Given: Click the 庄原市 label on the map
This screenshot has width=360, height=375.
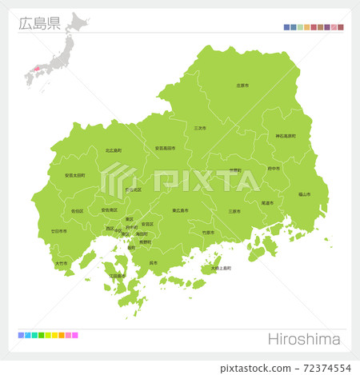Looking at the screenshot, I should pos(243,85).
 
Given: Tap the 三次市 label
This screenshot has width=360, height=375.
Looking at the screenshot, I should pos(200,128).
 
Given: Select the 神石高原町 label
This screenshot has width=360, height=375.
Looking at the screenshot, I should pos(286,136).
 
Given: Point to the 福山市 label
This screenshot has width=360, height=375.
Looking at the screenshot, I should pos(305,194).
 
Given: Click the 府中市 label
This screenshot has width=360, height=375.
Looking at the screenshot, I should pos(274,169).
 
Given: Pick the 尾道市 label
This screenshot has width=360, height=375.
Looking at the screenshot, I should pos(266,203).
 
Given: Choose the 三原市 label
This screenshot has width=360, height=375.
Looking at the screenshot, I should pos(234,212).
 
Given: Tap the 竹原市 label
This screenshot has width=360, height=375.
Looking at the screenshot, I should pos(208,232).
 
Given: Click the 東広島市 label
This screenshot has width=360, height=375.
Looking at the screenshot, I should pos(180,210).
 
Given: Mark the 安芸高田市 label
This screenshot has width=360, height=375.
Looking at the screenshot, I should pos(166,148).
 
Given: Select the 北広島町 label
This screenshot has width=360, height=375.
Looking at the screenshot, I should pos(114,150).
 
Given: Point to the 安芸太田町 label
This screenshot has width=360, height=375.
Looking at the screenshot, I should pos(75,175).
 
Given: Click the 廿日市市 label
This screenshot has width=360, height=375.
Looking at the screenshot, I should pos(59,230).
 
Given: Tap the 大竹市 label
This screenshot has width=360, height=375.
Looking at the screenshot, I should pos(62,262).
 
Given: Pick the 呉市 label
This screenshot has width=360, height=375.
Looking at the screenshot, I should pos(153,262).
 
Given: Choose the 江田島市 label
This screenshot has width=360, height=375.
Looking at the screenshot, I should pos(117,275).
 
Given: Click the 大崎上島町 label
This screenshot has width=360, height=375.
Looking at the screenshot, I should pos(221,268).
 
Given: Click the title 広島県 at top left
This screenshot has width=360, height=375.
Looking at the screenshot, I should pos(38,22).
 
